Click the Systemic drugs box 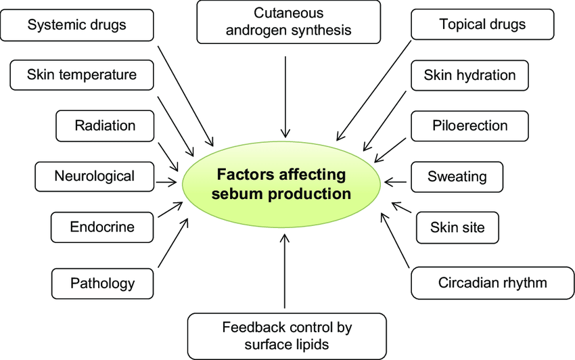(77, 26)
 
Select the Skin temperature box (82, 74)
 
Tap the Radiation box (105, 125)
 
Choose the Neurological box (94, 177)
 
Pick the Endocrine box (102, 227)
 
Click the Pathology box (102, 283)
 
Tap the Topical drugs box (482, 25)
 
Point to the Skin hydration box (469, 75)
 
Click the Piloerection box (469, 125)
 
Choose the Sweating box (457, 177)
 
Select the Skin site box (457, 227)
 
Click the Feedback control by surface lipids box (287, 336)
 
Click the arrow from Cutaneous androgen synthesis (287, 95)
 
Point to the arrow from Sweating (396, 182)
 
